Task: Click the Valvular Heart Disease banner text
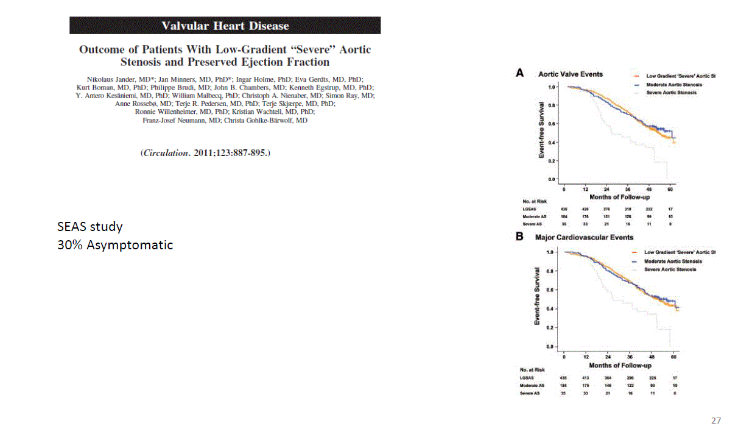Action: pyautogui.click(x=225, y=26)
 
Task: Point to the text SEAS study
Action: pyautogui.click(x=90, y=227)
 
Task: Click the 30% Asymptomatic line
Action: pyautogui.click(x=115, y=245)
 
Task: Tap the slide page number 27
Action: pyautogui.click(x=716, y=421)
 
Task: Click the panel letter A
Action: pyautogui.click(x=520, y=73)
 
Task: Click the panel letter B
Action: pyautogui.click(x=520, y=237)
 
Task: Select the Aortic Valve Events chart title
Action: pyautogui.click(x=570, y=74)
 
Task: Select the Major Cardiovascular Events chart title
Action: pyautogui.click(x=584, y=237)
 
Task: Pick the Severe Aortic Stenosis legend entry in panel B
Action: pyautogui.click(x=670, y=269)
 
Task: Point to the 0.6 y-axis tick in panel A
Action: pyautogui.click(x=550, y=124)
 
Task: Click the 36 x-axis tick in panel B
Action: pyautogui.click(x=630, y=356)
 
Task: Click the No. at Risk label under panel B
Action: pyautogui.click(x=532, y=370)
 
